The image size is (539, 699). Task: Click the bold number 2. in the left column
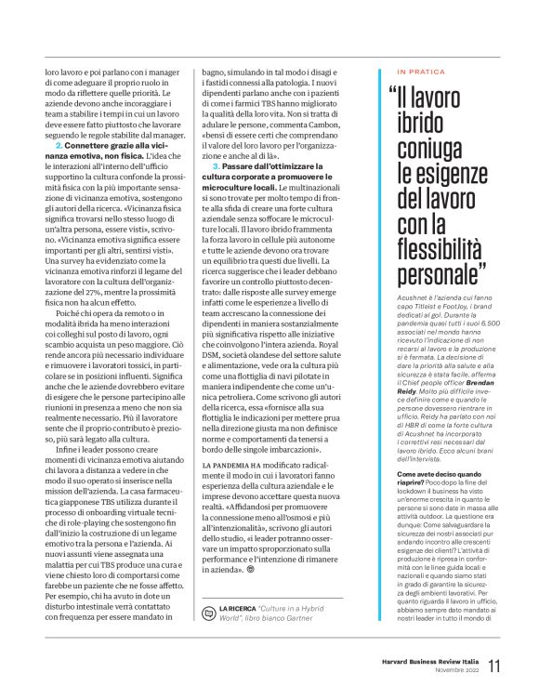59,148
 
